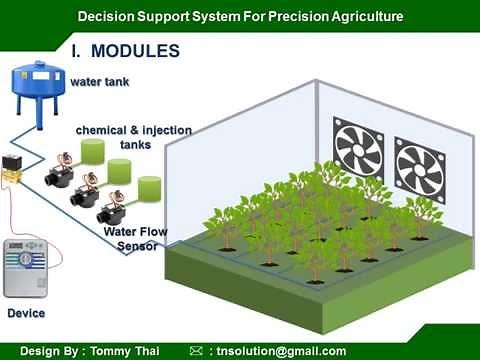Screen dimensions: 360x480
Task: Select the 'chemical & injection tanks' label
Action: [x=133, y=137]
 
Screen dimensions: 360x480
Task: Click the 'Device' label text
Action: [x=27, y=314]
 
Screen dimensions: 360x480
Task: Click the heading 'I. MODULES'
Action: [x=125, y=50]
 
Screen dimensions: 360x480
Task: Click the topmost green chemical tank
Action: [x=92, y=151]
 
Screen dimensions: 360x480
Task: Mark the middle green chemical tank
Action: [x=121, y=169]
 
